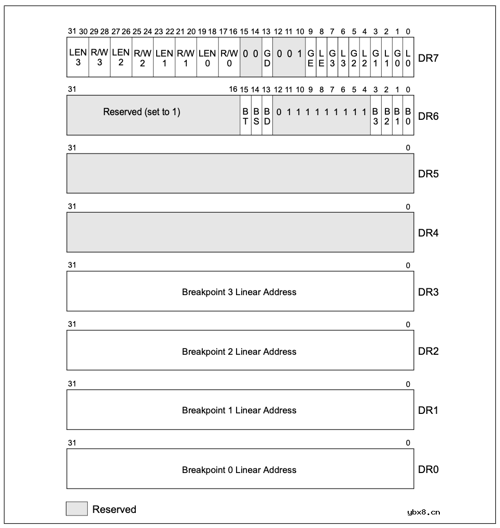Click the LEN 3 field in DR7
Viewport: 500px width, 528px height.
pyautogui.click(x=78, y=58)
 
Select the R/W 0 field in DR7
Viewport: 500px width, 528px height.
pyautogui.click(x=229, y=58)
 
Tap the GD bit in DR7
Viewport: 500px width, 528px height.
pyautogui.click(x=267, y=58)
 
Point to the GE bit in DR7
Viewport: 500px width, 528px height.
pyautogui.click(x=311, y=58)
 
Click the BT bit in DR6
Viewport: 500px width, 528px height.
pyautogui.click(x=245, y=116)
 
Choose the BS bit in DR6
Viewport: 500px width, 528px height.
pyautogui.click(x=256, y=116)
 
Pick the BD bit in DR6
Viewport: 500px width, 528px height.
pyautogui.click(x=267, y=116)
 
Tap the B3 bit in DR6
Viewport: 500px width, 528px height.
pyautogui.click(x=376, y=116)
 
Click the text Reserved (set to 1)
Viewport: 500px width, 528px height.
pyautogui.click(x=142, y=112)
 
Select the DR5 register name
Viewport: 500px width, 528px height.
pyautogui.click(x=428, y=174)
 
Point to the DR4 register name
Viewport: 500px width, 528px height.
pyautogui.click(x=428, y=233)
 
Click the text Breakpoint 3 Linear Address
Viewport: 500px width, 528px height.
pyautogui.click(x=239, y=292)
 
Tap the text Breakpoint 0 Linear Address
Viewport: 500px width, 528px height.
pyautogui.click(x=239, y=470)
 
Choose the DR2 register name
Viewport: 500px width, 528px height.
pyautogui.click(x=428, y=351)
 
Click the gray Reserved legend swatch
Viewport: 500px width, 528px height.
pyautogui.click(x=77, y=509)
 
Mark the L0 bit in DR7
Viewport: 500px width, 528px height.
pyautogui.click(x=408, y=58)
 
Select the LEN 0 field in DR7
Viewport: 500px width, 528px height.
pyautogui.click(x=207, y=58)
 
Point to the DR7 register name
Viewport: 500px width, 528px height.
pyautogui.click(x=428, y=58)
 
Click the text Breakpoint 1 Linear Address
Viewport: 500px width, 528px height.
pyautogui.click(x=239, y=410)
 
